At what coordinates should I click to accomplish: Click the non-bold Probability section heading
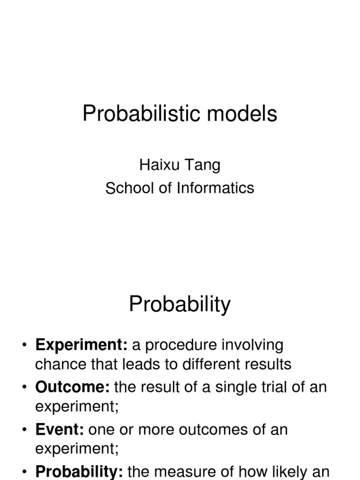pyautogui.click(x=180, y=305)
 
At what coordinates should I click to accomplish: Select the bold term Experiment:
pyautogui.click(x=82, y=345)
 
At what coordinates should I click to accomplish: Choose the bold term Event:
pyautogui.click(x=60, y=429)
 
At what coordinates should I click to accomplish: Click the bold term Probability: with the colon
pyautogui.click(x=79, y=472)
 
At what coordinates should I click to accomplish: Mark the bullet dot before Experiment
pyautogui.click(x=24, y=346)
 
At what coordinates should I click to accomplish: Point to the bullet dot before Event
pyautogui.click(x=24, y=430)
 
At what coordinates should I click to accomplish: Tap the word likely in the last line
pyautogui.click(x=287, y=472)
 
